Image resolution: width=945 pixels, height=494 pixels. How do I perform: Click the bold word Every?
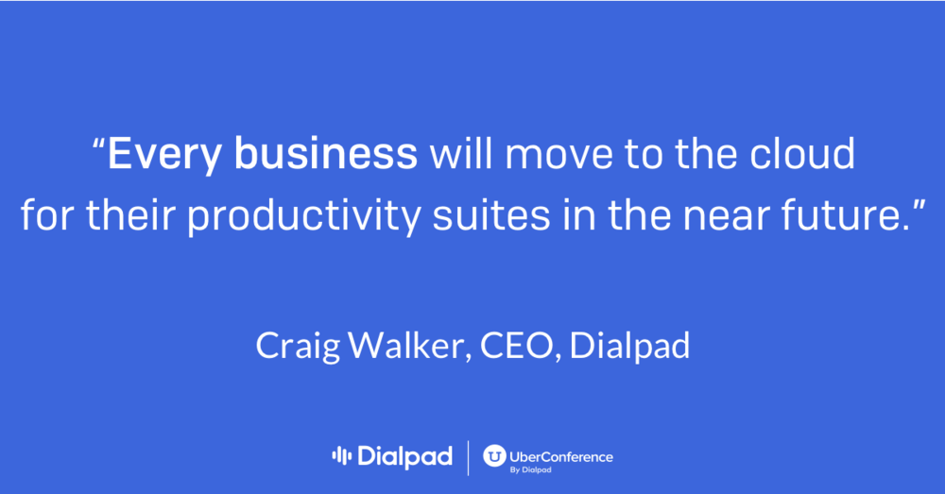click(163, 154)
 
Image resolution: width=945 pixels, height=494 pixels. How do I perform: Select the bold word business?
click(325, 153)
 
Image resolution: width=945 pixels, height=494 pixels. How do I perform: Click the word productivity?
click(303, 215)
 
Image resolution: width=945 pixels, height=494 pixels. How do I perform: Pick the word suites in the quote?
click(491, 215)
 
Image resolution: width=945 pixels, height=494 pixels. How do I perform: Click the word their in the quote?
click(130, 214)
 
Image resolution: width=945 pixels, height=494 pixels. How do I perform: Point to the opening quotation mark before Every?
click(99, 144)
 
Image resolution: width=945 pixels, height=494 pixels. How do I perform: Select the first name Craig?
click(298, 347)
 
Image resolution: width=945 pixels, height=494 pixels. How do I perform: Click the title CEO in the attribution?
click(517, 346)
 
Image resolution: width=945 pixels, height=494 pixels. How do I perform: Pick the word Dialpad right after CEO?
click(629, 347)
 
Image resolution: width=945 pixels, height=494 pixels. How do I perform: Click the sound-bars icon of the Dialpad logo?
click(341, 456)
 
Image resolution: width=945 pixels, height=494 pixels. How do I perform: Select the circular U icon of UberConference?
click(494, 456)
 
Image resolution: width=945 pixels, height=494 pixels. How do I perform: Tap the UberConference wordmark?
click(561, 457)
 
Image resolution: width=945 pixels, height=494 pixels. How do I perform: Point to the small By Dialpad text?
click(530, 469)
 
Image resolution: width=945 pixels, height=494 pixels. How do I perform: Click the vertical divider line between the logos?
click(469, 458)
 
